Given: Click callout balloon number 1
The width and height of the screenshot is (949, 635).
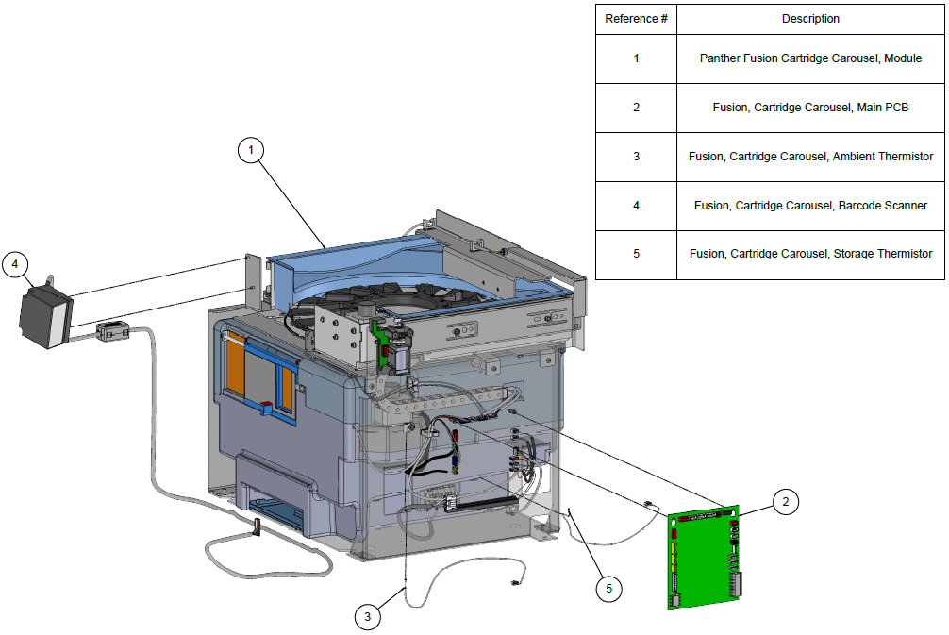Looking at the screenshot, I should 250,150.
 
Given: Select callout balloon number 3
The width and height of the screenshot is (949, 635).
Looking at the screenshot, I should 369,618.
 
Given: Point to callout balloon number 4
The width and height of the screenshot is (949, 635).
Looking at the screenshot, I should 15,264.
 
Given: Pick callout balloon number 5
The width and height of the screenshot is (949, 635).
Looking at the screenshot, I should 608,589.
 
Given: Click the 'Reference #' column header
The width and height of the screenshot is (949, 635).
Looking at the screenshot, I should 636,19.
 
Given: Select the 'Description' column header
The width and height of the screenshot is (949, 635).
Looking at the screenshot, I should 810,19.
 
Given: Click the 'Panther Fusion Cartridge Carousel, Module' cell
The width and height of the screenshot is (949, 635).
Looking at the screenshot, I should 810,58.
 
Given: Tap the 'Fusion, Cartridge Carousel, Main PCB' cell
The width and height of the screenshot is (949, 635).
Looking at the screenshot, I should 810,108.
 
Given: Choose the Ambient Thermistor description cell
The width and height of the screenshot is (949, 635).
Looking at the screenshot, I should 810,157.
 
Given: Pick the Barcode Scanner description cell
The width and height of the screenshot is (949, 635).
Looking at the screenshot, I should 810,206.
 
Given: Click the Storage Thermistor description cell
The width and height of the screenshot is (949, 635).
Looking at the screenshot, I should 810,255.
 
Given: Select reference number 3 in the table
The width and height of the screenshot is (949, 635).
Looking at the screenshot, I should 636,157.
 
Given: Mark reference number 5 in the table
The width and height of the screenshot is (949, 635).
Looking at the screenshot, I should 636,255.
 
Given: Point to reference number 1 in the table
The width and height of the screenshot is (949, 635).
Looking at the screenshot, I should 636,58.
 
